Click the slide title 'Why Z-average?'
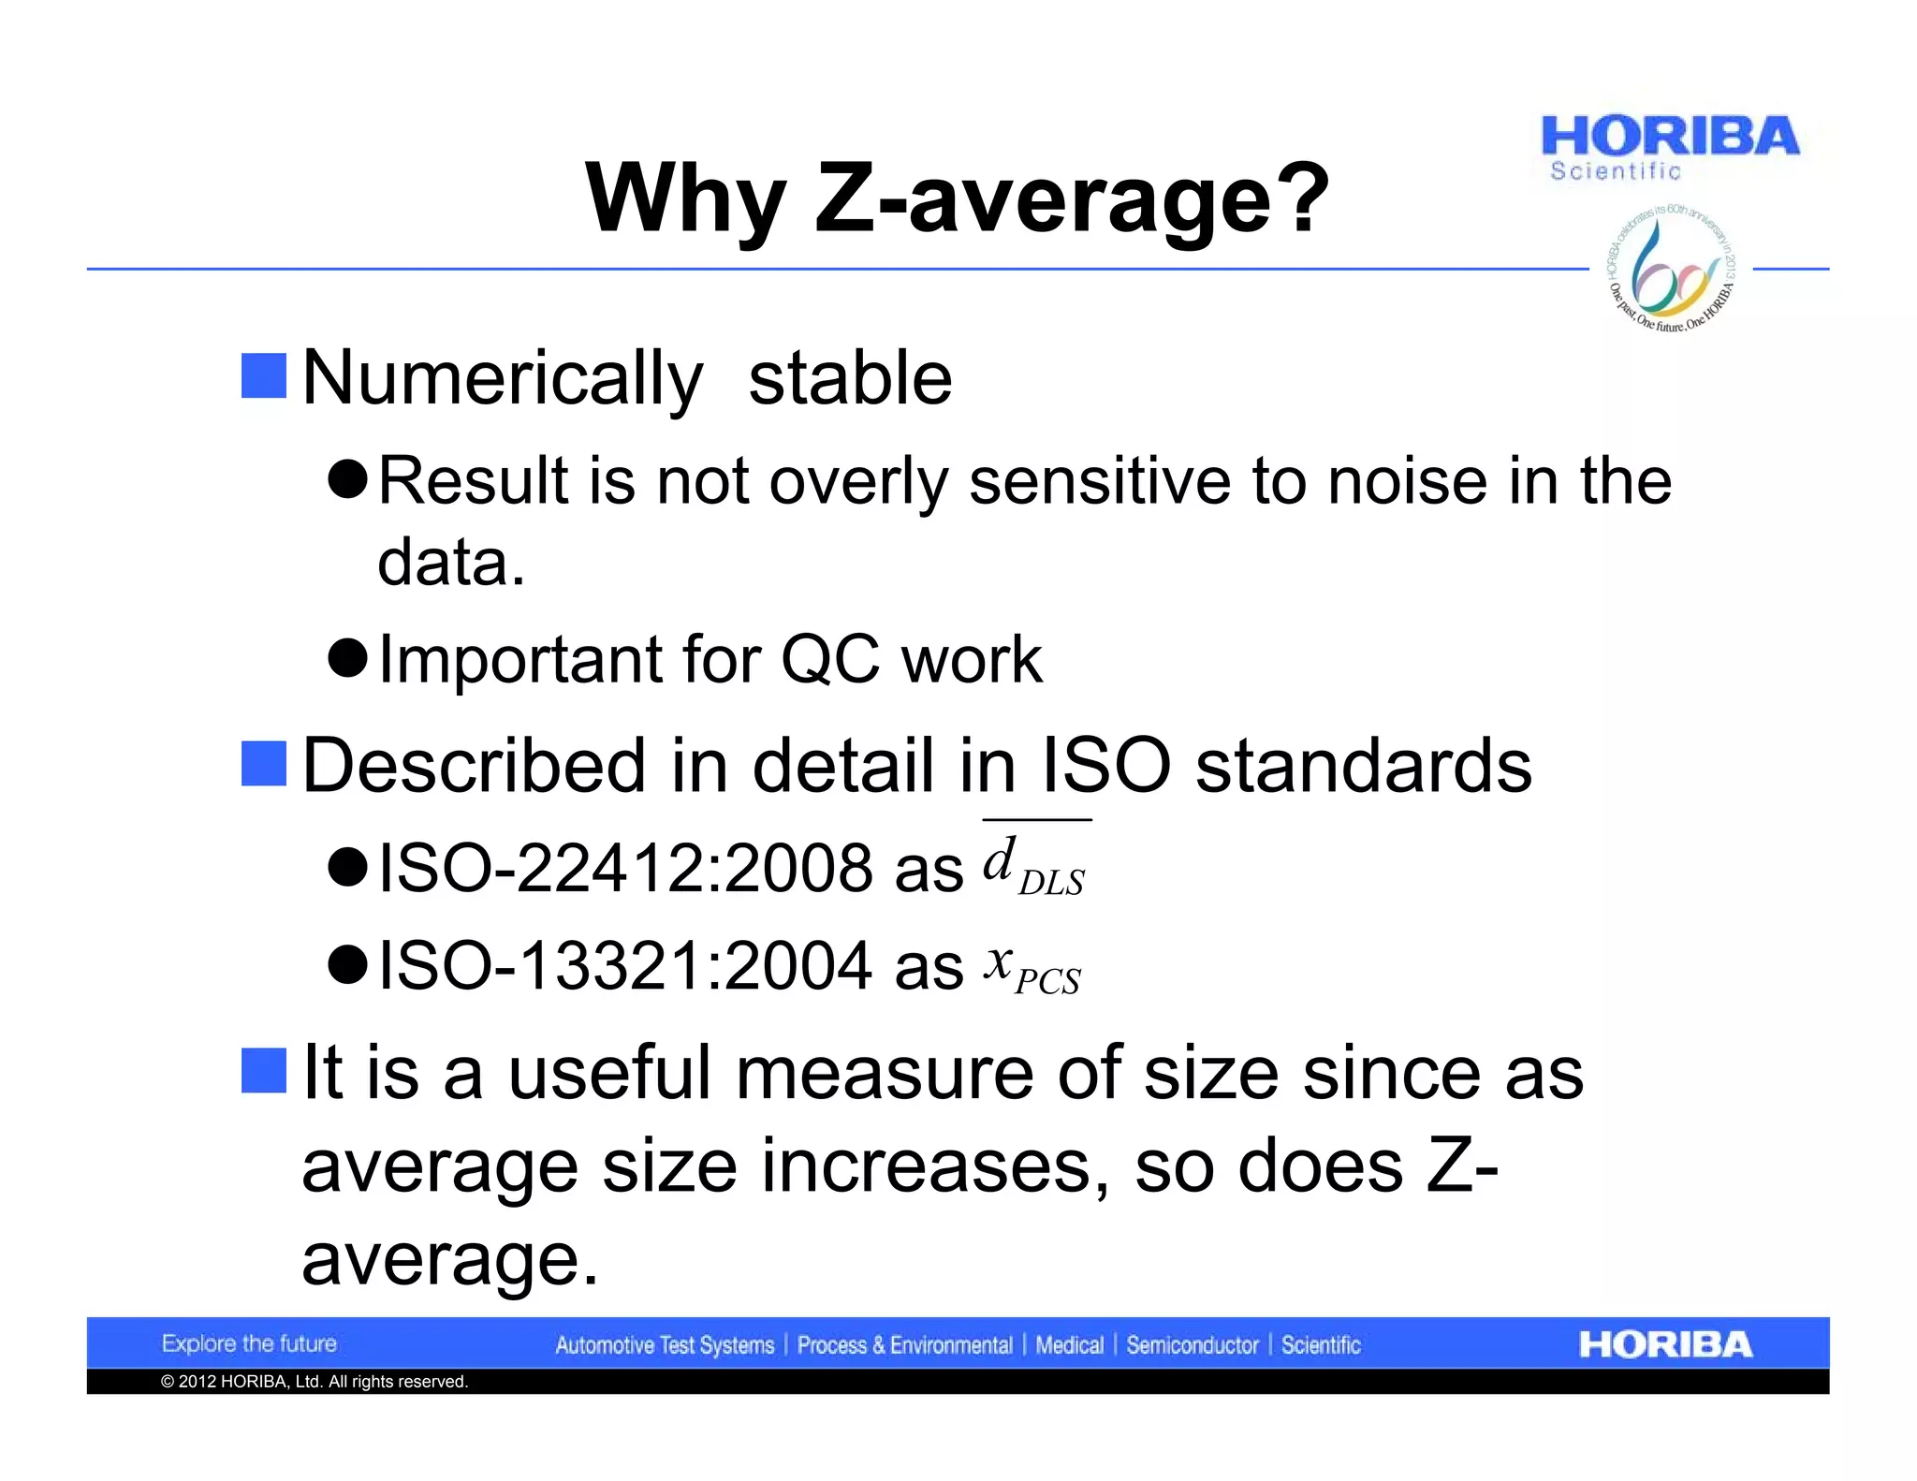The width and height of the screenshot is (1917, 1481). [957, 198]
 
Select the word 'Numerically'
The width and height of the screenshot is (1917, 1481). [503, 378]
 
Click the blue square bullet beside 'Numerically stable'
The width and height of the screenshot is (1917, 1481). [264, 376]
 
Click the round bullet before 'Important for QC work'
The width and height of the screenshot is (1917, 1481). [348, 658]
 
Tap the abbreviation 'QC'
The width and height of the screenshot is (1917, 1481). [829, 659]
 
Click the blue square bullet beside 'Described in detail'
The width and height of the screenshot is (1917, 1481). [264, 764]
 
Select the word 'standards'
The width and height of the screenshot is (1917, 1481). [1363, 766]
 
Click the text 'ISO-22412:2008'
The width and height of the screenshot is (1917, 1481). [624, 867]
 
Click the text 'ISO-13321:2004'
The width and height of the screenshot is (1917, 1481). [624, 965]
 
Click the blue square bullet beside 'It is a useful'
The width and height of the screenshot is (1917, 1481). [264, 1071]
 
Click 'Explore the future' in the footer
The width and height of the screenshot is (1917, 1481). [249, 1343]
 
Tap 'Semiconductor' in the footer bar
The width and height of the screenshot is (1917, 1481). [1192, 1345]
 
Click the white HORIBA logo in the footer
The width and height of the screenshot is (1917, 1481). [1665, 1344]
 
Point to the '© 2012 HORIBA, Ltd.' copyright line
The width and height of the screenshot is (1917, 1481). [315, 1382]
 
